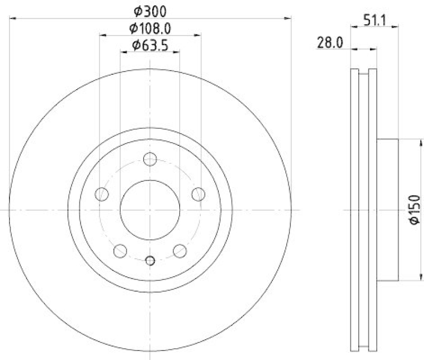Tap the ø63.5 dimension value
(150, 46)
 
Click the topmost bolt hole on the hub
(150, 159)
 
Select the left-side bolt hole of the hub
(102, 194)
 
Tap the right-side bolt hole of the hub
(198, 194)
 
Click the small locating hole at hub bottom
(150, 260)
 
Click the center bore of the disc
(150, 209)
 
